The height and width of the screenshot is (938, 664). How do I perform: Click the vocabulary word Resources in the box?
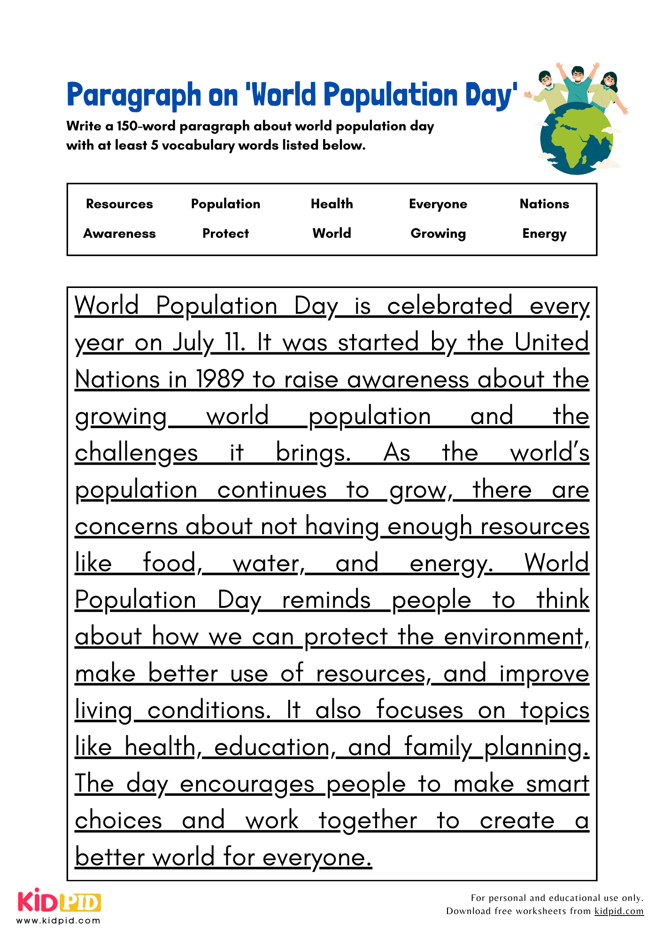[119, 204]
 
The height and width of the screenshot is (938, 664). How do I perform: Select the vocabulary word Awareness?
[119, 234]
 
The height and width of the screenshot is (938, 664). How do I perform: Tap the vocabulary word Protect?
[225, 234]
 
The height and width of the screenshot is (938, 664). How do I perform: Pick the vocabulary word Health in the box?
[332, 204]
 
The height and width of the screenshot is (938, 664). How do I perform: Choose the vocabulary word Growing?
[438, 234]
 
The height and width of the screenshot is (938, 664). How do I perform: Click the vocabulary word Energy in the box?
[544, 234]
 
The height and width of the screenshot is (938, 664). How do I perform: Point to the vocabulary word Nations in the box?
[544, 204]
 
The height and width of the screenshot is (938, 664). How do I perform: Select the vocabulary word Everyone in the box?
[438, 204]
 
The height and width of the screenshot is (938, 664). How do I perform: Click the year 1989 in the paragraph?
[220, 379]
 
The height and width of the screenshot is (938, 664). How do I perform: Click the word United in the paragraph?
[551, 342]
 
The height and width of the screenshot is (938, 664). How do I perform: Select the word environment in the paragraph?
[514, 637]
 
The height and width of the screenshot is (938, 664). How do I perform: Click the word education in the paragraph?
[272, 747]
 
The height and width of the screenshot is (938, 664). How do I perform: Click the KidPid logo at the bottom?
[59, 901]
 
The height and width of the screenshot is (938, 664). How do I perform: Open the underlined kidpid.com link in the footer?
[618, 911]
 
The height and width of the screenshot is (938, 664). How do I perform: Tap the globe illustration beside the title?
[576, 138]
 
